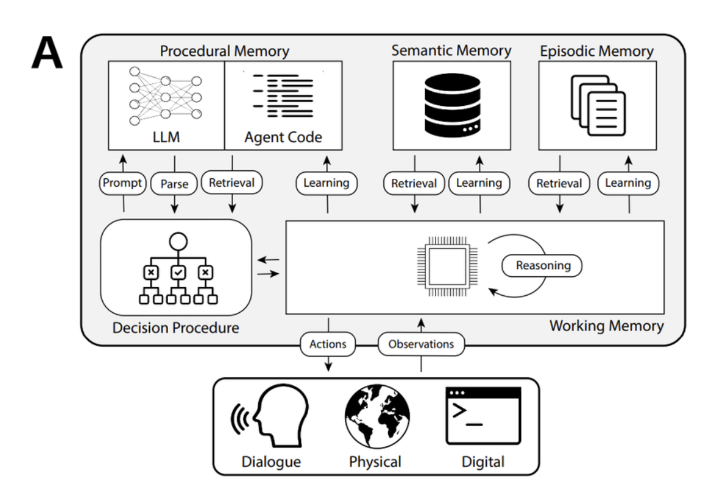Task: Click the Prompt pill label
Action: [123, 183]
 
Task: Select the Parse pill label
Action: [174, 183]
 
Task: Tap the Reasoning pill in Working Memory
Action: [542, 266]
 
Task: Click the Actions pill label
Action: [328, 344]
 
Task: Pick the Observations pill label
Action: [421, 344]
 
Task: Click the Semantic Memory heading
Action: [451, 51]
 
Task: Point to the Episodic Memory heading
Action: [596, 51]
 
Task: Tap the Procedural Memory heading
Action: [224, 51]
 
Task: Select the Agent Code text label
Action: [283, 137]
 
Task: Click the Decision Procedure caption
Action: [175, 328]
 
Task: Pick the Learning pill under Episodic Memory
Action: [628, 183]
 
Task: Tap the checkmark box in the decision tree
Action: [177, 271]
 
